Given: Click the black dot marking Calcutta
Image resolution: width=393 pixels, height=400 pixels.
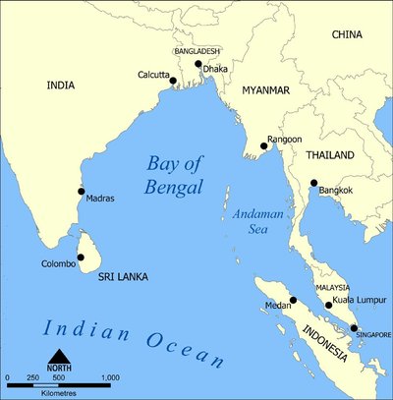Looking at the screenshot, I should tap(173, 82).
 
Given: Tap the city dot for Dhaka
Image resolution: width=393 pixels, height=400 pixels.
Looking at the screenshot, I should tap(198, 65).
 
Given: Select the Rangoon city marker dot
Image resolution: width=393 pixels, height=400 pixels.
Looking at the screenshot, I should tap(263, 146).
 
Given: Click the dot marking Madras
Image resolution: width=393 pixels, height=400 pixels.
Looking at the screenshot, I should tap(81, 192).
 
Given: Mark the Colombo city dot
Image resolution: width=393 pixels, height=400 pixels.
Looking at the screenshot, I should tap(81, 257).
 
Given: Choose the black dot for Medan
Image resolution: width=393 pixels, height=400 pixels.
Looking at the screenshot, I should tap(293, 300).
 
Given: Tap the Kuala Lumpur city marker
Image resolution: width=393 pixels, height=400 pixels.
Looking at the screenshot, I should tap(328, 306).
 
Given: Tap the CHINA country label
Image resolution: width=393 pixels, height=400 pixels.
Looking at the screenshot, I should tap(346, 34).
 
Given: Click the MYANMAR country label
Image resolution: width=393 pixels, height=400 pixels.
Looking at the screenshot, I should tap(260, 90).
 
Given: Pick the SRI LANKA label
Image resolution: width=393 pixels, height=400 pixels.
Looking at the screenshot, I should tap(122, 278).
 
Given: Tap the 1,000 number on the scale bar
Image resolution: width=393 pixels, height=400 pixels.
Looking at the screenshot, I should tap(109, 377).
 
